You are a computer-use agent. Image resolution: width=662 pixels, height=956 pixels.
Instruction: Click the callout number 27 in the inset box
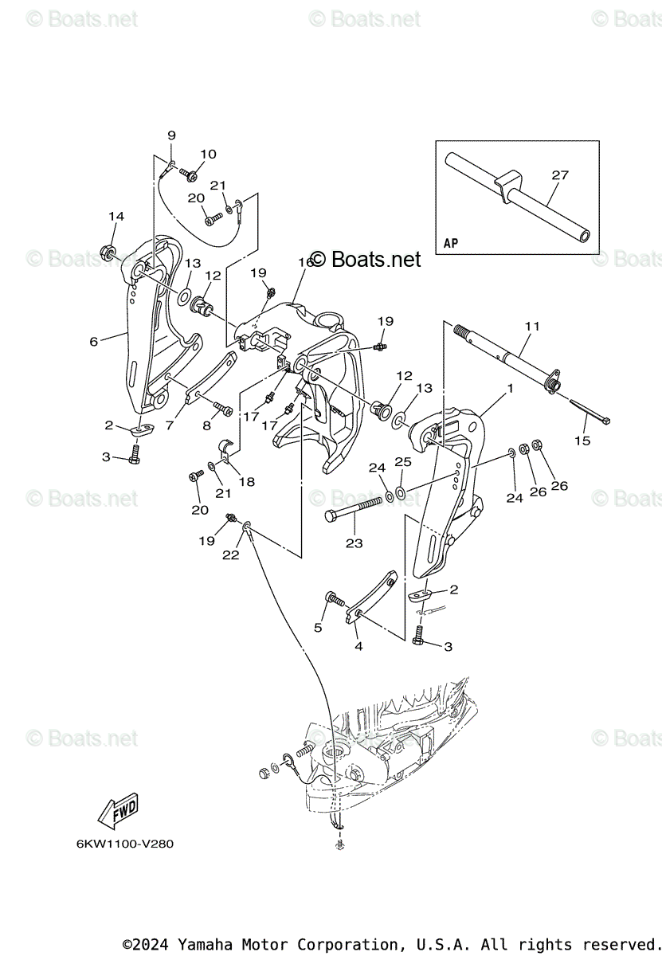[560, 175]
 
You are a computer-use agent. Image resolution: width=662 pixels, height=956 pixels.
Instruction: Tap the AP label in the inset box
[451, 243]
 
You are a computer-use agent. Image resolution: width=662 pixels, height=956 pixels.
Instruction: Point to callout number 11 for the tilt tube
[532, 327]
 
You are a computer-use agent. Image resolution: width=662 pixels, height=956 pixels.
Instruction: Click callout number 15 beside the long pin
[582, 441]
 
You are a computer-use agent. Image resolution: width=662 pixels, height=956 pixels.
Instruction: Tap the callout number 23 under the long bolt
[354, 543]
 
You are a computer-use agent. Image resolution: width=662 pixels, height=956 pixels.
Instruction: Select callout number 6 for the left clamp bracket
[94, 341]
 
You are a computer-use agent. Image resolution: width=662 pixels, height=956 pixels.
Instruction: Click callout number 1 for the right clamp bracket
[510, 388]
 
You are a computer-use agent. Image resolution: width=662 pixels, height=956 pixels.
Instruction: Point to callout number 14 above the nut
[116, 217]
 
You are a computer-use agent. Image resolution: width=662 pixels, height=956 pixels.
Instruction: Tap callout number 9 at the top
[171, 135]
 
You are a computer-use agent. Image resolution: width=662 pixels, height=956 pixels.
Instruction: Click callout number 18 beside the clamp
[247, 481]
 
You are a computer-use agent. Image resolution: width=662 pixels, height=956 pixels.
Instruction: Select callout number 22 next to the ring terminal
[230, 555]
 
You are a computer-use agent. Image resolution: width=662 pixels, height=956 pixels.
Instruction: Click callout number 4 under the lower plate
[358, 646]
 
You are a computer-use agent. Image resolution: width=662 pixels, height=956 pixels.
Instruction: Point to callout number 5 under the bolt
[318, 628]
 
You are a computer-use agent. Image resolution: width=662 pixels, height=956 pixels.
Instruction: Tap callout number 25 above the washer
[403, 462]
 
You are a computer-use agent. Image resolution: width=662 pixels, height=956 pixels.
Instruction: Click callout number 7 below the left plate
[169, 426]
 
